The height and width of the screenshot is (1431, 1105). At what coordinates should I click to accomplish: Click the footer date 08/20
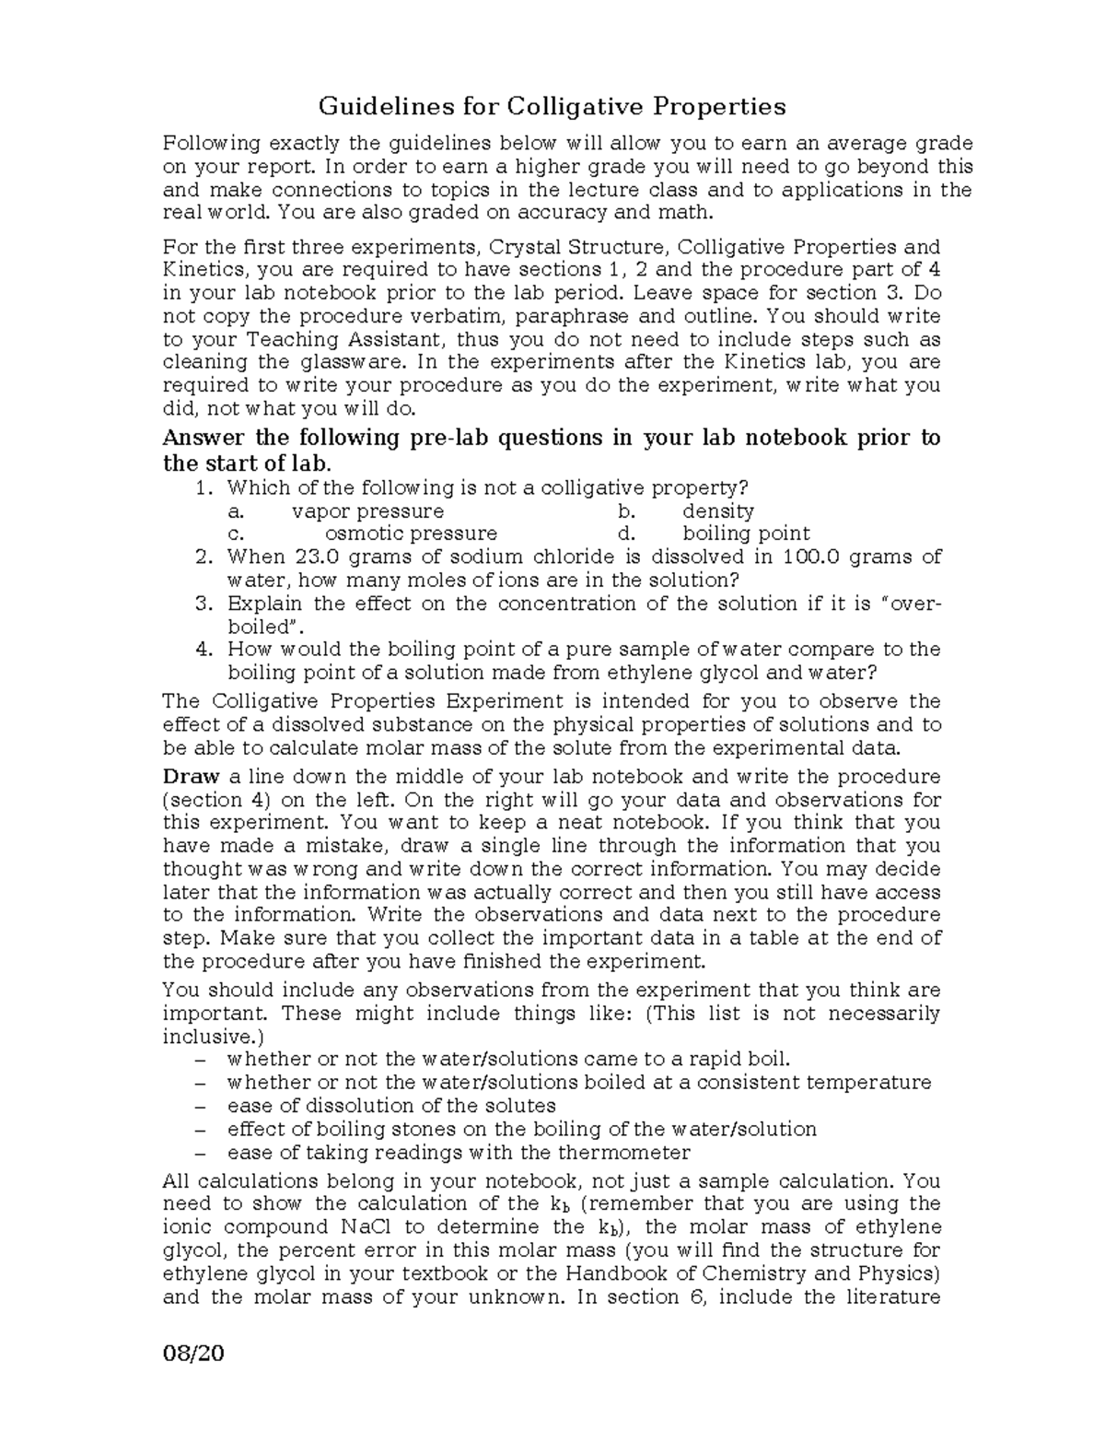193,1355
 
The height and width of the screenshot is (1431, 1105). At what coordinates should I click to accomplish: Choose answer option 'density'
718,511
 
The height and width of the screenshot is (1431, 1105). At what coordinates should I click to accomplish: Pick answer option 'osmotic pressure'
411,534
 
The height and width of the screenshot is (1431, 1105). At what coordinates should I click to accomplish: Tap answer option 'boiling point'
746,534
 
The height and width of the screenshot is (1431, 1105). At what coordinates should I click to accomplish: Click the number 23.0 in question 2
319,557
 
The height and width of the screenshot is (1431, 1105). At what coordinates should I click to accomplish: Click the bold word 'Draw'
191,777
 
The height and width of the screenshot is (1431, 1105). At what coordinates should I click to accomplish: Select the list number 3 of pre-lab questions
204,604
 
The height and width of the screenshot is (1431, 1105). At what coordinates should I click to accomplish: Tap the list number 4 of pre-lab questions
204,650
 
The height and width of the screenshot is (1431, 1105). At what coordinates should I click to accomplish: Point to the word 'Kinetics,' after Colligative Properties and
205,270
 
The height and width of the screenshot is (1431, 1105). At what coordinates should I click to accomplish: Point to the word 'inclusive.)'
206,1037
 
